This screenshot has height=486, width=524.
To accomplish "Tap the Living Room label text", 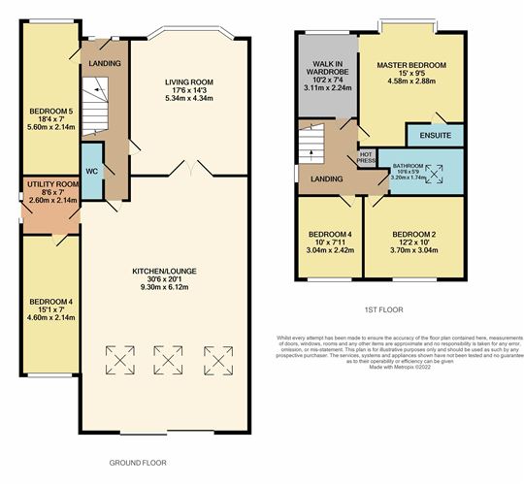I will coord(189,82).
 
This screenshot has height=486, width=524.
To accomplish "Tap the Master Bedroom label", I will coord(411,65).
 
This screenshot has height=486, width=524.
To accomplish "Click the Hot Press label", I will coord(366,157).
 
